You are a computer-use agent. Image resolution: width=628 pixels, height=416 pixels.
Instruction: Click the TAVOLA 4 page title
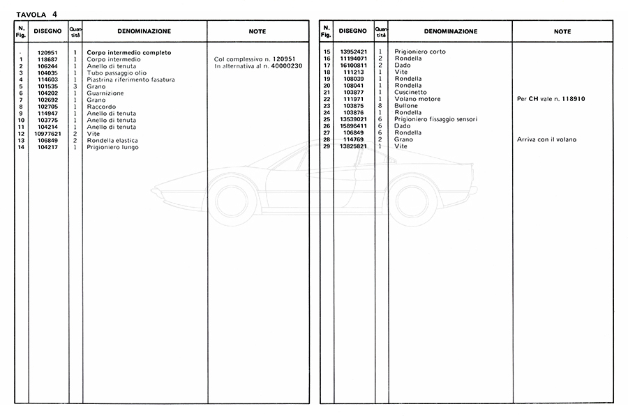[x=37, y=13]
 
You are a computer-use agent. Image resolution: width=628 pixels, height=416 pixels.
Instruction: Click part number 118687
[x=47, y=59]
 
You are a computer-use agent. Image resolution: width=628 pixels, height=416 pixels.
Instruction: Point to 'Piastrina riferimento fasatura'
[x=130, y=79]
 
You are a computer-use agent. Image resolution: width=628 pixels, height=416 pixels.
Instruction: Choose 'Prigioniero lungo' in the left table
[x=112, y=147]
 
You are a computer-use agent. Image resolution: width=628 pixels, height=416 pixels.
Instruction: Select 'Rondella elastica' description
[x=112, y=140]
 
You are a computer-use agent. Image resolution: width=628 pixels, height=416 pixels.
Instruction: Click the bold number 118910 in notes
[x=570, y=99]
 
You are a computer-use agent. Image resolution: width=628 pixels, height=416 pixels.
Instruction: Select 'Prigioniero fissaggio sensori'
[x=436, y=119]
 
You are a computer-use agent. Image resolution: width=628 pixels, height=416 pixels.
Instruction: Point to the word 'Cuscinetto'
[x=410, y=93]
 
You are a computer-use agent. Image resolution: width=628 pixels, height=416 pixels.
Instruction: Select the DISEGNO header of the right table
[x=353, y=31]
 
